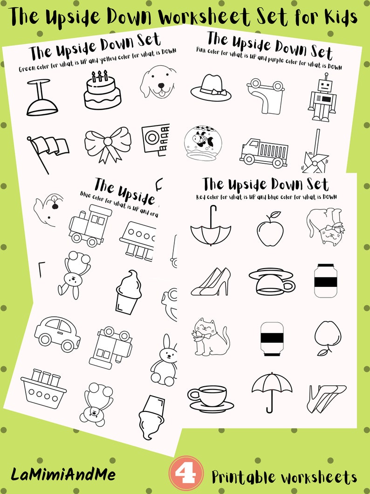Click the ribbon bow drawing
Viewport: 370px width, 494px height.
tap(108, 143)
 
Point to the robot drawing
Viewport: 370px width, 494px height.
tap(322, 99)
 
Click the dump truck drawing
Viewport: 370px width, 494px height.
tap(263, 152)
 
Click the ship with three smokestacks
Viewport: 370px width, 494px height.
tap(43, 389)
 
